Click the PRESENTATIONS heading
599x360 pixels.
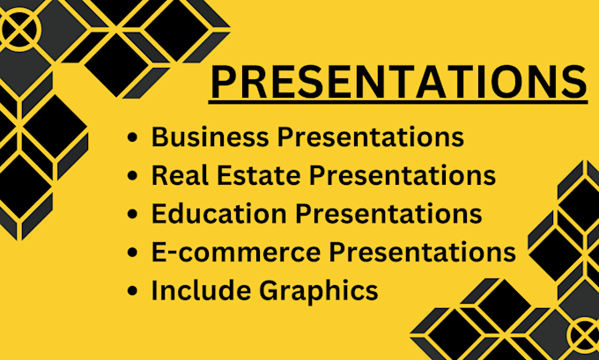click(x=398, y=83)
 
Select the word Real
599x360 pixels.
click(x=173, y=175)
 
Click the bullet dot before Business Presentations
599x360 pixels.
click(x=132, y=139)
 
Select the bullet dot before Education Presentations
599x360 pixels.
click(x=132, y=215)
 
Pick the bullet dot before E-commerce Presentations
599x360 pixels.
click(x=132, y=253)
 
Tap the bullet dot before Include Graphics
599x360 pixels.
click(x=132, y=290)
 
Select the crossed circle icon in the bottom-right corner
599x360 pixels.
click(x=583, y=334)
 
